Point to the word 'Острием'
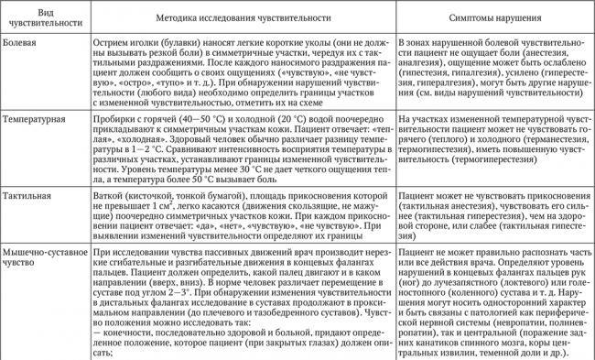(x=114, y=43)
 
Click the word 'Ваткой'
(x=112, y=196)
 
